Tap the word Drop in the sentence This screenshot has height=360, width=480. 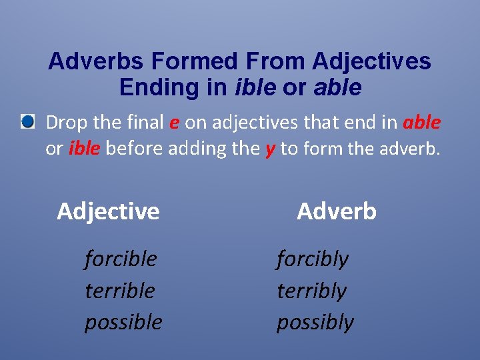click(65, 123)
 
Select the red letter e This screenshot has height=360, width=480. click(173, 123)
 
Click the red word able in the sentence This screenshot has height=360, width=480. click(421, 123)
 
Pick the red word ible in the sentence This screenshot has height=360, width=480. click(84, 148)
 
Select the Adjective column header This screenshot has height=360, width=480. click(108, 211)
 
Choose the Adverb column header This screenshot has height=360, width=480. click(337, 211)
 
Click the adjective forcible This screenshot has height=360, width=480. click(121, 259)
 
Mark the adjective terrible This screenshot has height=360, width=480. click(120, 291)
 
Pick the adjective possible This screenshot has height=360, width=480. click(123, 323)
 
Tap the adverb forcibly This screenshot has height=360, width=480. click(312, 259)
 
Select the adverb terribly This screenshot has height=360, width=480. click(311, 291)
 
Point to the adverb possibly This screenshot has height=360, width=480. click(315, 323)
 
